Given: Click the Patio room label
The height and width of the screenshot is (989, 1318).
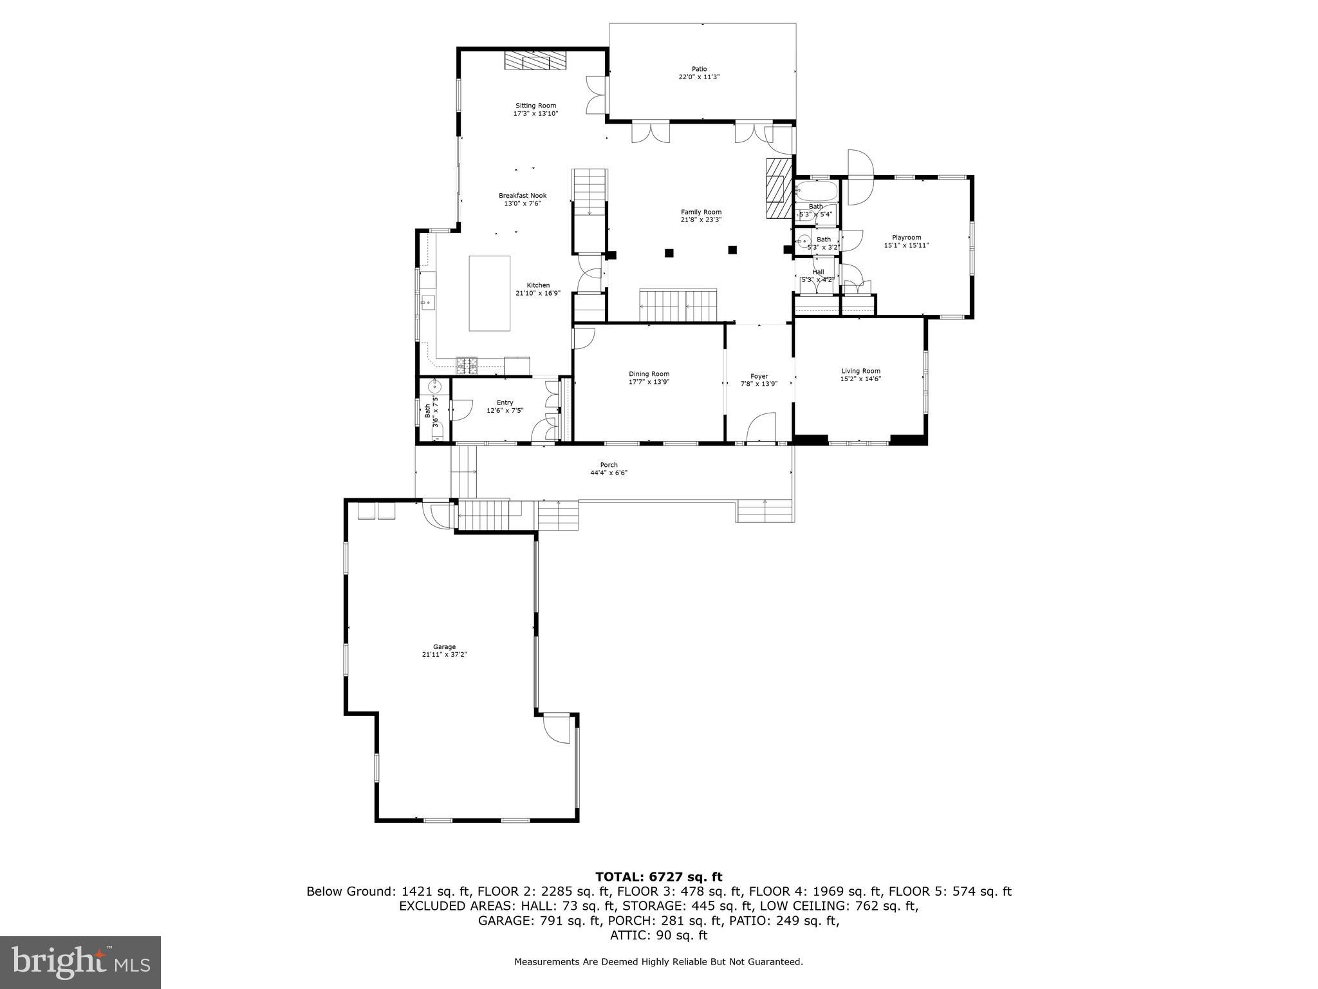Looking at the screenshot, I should pos(699,69).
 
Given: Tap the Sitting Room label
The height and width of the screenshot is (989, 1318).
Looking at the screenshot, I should pos(535,106).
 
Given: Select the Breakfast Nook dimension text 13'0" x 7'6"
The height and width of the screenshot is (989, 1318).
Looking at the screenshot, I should pos(522,203).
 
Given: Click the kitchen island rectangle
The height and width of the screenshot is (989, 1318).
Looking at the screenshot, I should pos(489,293).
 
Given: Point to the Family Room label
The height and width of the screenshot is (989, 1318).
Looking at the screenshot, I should pos(701,212).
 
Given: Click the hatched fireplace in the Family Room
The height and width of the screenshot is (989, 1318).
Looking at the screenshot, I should pos(777,189).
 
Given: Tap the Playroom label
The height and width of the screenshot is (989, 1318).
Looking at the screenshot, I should pos(906,238).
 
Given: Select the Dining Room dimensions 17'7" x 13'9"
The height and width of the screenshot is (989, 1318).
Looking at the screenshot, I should pos(649,382).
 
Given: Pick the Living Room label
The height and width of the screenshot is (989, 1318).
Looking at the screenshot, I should pos(860,371).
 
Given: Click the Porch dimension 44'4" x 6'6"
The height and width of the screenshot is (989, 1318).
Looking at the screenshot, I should pos(608,473).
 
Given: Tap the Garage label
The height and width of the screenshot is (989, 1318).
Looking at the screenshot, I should pos(444,647).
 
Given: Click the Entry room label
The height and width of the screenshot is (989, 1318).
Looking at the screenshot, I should pos(505,402).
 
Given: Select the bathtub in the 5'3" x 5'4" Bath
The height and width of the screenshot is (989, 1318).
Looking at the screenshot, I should pos(816,191).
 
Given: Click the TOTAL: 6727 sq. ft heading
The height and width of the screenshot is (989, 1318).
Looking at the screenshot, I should pos(658,876).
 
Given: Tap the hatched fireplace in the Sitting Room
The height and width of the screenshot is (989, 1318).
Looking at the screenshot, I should pos(535,61).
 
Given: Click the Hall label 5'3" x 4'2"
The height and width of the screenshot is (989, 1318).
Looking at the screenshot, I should pos(817,272).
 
